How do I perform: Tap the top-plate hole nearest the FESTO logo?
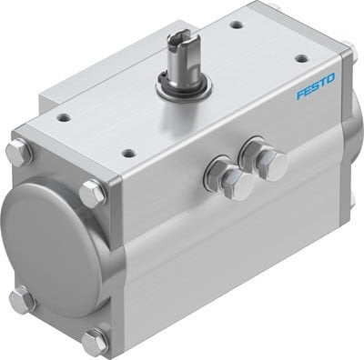tap(301, 58)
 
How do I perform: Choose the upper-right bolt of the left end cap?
tap(92, 192)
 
